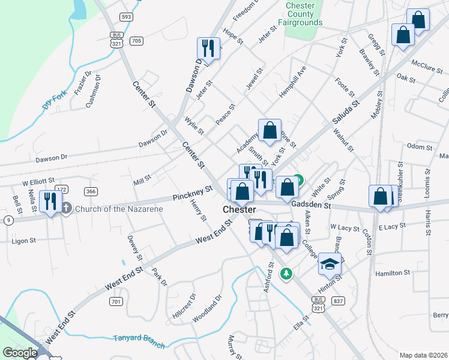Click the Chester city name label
coord(240,209)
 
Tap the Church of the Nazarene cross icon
coord(66,208)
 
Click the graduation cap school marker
coord(330,263)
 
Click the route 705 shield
coord(136,41)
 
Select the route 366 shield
coord(91,191)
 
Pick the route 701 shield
coord(116,301)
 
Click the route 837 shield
coord(339,300)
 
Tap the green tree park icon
coord(287,274)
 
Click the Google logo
coord(20,353)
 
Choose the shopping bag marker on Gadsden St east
coord(381,195)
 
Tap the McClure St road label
coord(427,66)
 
